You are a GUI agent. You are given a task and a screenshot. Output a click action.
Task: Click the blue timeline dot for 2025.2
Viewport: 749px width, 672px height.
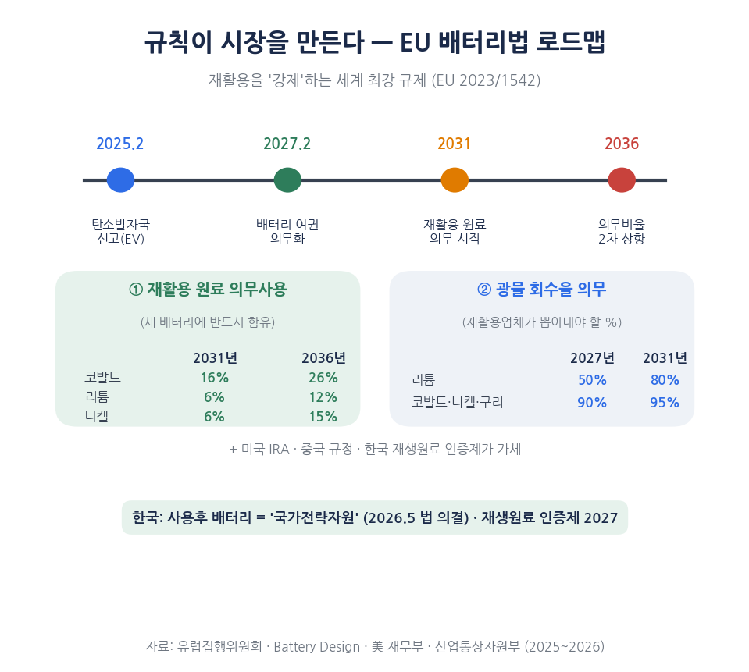[120, 180]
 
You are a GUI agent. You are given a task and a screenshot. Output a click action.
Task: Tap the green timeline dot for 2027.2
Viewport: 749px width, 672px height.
[287, 180]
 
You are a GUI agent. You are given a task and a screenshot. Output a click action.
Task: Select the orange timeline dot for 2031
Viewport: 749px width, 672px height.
[455, 180]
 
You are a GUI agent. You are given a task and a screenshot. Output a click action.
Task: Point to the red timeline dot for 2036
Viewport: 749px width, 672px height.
[622, 180]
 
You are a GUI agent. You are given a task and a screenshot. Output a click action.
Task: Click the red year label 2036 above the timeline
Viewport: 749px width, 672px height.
[622, 144]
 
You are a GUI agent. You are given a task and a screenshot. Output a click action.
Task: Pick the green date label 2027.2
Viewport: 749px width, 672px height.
[287, 144]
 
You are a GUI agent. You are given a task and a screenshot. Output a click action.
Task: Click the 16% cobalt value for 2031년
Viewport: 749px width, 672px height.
[215, 378]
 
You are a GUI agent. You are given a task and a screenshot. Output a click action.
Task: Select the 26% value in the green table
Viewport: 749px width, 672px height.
[323, 378]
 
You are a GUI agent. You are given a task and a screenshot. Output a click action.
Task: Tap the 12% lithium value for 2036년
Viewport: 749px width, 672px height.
[323, 397]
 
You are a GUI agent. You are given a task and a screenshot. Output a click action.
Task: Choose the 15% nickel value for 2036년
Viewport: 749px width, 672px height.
[323, 417]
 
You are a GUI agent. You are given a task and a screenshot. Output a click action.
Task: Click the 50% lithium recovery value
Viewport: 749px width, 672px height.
[592, 380]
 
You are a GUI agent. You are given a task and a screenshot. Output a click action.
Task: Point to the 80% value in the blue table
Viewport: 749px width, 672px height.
[665, 380]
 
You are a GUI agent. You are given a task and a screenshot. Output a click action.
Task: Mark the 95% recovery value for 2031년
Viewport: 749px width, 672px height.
[665, 402]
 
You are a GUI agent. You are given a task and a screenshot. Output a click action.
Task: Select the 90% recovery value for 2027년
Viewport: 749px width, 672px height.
[592, 402]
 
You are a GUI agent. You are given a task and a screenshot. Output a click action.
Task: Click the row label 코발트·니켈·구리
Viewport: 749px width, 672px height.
[458, 402]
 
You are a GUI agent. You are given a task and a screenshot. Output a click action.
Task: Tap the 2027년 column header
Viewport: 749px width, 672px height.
[592, 358]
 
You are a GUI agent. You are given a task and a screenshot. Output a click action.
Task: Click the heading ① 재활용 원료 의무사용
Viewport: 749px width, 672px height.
[208, 290]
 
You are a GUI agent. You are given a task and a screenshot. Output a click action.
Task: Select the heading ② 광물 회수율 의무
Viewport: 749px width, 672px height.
[542, 290]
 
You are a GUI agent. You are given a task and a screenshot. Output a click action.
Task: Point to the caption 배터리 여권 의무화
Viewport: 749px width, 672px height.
[287, 232]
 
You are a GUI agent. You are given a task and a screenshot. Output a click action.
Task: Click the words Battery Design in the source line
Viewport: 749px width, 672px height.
[316, 647]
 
